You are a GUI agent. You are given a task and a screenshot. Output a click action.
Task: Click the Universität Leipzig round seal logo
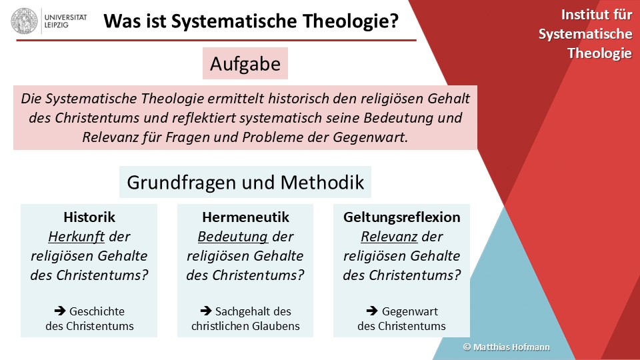coord(24,21)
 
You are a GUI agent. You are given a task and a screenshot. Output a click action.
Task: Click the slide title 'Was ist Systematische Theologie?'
coord(251,21)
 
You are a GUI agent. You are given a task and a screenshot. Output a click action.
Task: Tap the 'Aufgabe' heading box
coord(245,63)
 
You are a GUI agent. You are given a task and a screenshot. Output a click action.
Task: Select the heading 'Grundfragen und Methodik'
coord(245,182)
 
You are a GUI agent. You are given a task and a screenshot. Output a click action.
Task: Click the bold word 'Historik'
coord(89,217)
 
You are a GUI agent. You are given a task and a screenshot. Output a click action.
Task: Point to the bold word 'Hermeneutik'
coord(246,217)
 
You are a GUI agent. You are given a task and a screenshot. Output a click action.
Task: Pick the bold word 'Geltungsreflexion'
coord(401,217)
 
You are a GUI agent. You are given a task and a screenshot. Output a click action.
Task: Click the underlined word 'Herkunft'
coord(76,236)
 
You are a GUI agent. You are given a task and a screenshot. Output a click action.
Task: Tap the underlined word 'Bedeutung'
coord(233,236)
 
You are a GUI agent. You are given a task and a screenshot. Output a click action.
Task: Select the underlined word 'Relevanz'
coord(389,236)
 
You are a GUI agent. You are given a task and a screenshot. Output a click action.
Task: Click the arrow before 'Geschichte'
coord(60,311)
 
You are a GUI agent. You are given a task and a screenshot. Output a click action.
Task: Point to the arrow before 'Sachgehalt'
coord(206,311)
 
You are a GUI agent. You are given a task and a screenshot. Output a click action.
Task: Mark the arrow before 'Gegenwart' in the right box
coord(372,311)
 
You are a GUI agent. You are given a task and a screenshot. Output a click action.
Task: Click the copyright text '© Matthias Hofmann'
coord(506,347)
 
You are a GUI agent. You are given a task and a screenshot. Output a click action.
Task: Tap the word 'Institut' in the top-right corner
coord(581,15)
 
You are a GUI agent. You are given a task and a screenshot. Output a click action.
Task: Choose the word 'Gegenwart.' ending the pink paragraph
coord(370,137)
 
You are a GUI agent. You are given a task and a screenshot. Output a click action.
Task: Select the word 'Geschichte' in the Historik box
coord(97,311)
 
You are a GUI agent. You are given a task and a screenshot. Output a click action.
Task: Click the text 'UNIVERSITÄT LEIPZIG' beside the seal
coord(65,21)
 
